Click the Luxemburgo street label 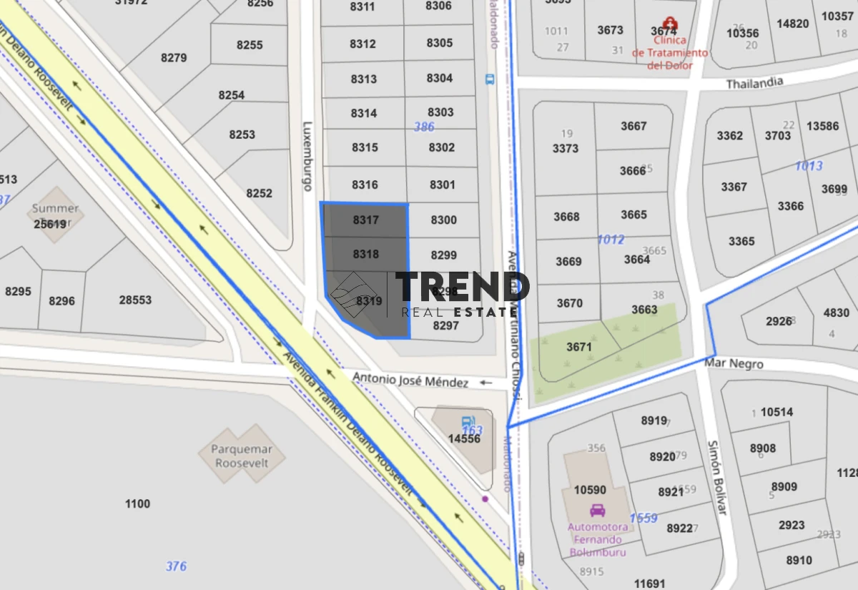[x=308, y=154]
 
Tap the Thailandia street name [x=755, y=83]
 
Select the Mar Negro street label [x=734, y=363]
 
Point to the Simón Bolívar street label [x=716, y=477]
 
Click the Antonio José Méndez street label [x=410, y=381]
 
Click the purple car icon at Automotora [x=597, y=511]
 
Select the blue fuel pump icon [x=468, y=422]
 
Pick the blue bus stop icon [x=490, y=79]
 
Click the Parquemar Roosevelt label [x=240, y=456]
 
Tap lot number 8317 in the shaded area [x=365, y=220]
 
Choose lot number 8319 [x=369, y=301]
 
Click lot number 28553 [x=135, y=300]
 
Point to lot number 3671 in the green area [x=579, y=347]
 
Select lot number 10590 [x=590, y=490]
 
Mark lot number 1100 [x=137, y=503]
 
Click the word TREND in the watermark [x=463, y=287]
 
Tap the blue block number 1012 [x=611, y=240]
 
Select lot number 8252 [x=259, y=193]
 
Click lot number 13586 [x=822, y=126]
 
